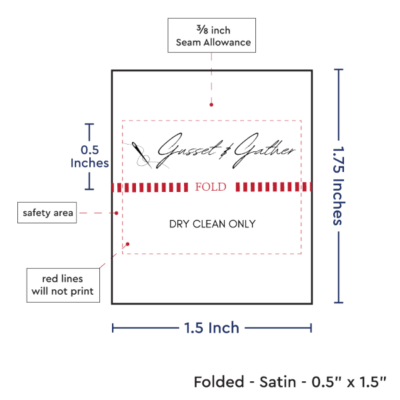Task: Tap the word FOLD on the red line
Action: (x=211, y=187)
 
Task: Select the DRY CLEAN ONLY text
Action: (x=212, y=224)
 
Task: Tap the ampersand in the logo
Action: (x=223, y=151)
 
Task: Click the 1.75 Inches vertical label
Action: (x=339, y=185)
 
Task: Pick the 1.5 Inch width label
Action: (x=211, y=327)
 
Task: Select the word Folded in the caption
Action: (x=217, y=382)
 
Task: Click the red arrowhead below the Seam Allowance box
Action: (x=212, y=104)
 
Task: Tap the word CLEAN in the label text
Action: (x=213, y=224)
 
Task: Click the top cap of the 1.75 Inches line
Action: (x=339, y=69)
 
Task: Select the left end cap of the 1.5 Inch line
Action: (x=113, y=327)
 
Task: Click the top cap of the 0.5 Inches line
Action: (x=89, y=124)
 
